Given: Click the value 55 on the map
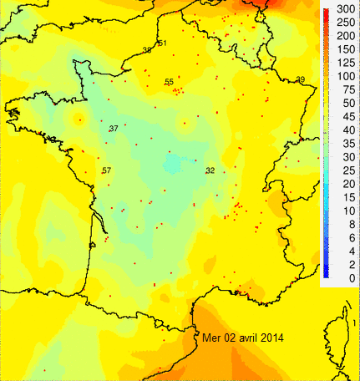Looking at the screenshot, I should (x=169, y=81).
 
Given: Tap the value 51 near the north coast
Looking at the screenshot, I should (x=162, y=43).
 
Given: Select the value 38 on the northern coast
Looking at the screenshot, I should (x=147, y=50).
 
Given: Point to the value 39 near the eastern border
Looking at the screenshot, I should (x=300, y=79).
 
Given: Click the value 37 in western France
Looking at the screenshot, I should (x=114, y=128).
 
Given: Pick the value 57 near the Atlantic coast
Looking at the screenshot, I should (x=106, y=170).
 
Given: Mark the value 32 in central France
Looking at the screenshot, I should (x=210, y=170).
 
